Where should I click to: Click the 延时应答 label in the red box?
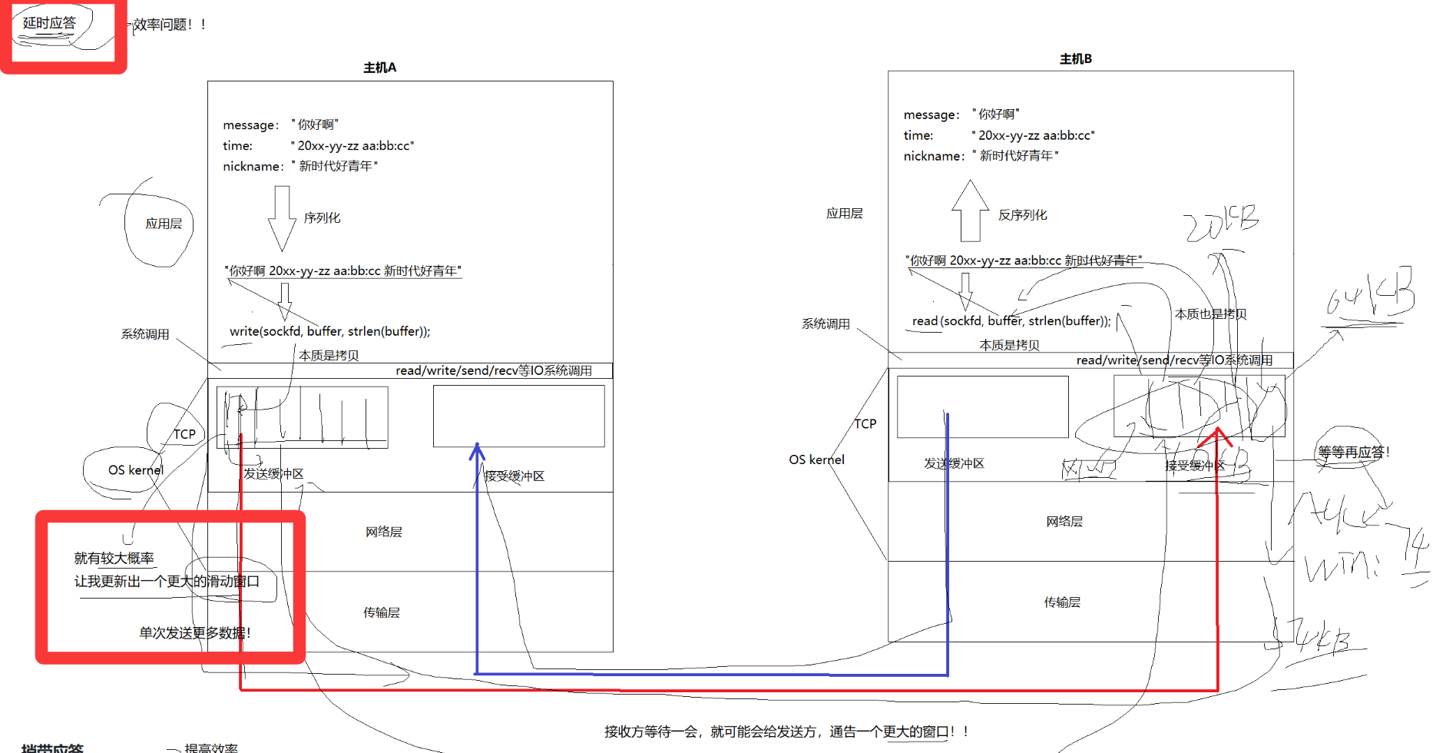coord(49,23)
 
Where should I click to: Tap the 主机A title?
coord(379,68)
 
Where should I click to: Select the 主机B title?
coord(1075,58)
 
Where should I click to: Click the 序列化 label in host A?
coord(322,218)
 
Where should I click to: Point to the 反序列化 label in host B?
coord(1022,215)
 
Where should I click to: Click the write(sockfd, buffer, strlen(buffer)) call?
coord(329,331)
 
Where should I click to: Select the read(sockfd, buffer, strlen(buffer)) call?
coord(1011,321)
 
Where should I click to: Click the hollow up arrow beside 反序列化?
coord(970,211)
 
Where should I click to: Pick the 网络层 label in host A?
coord(383,532)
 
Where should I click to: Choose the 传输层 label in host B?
coord(1062,602)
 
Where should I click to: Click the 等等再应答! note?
coord(1353,452)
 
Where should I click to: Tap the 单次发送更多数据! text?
coord(195,633)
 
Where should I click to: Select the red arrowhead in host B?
coord(1218,436)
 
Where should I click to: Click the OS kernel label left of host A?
coord(135,470)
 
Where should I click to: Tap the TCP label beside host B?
coord(865,423)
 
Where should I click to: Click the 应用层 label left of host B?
coord(844,214)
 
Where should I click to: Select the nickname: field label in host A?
coord(253,167)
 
